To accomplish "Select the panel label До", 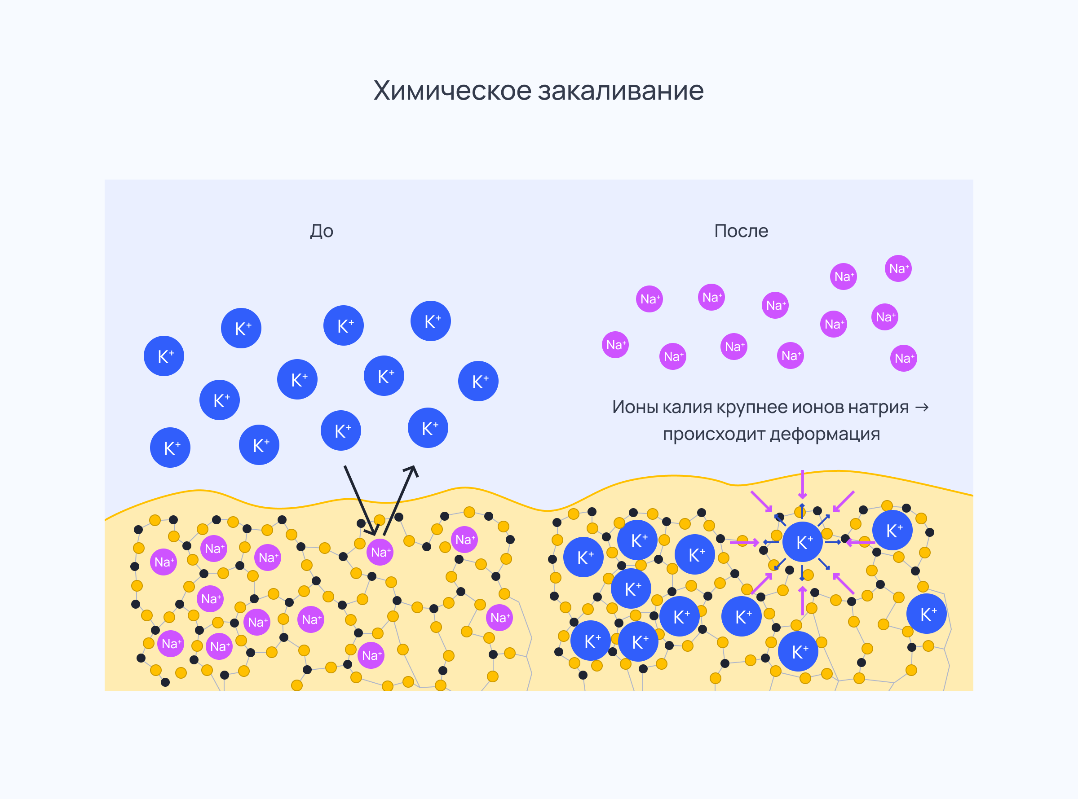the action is click(321, 231).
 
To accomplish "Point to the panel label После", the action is click(741, 231).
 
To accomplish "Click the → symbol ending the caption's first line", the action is click(922, 407).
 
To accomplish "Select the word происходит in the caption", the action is click(714, 435).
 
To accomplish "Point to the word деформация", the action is click(825, 435).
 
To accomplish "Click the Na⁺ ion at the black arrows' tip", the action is click(380, 552).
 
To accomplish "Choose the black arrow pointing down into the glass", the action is click(361, 501).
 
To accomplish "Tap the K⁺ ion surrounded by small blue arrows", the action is click(802, 542).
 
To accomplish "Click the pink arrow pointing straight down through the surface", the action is click(802, 484).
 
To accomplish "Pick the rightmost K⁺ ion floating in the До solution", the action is click(478, 381).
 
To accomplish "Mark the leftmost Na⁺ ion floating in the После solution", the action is click(615, 345).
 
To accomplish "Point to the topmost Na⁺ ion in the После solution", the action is click(898, 268).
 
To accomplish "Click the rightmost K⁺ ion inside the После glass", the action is click(926, 614).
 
